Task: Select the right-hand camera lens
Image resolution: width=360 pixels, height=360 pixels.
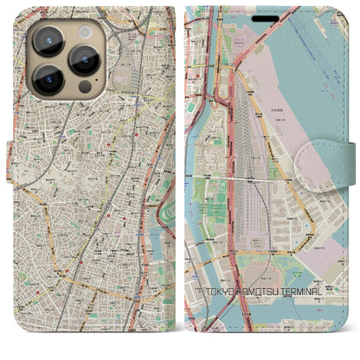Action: pyautogui.click(x=85, y=59)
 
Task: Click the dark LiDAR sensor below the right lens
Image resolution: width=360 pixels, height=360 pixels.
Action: pyautogui.click(x=84, y=87)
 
